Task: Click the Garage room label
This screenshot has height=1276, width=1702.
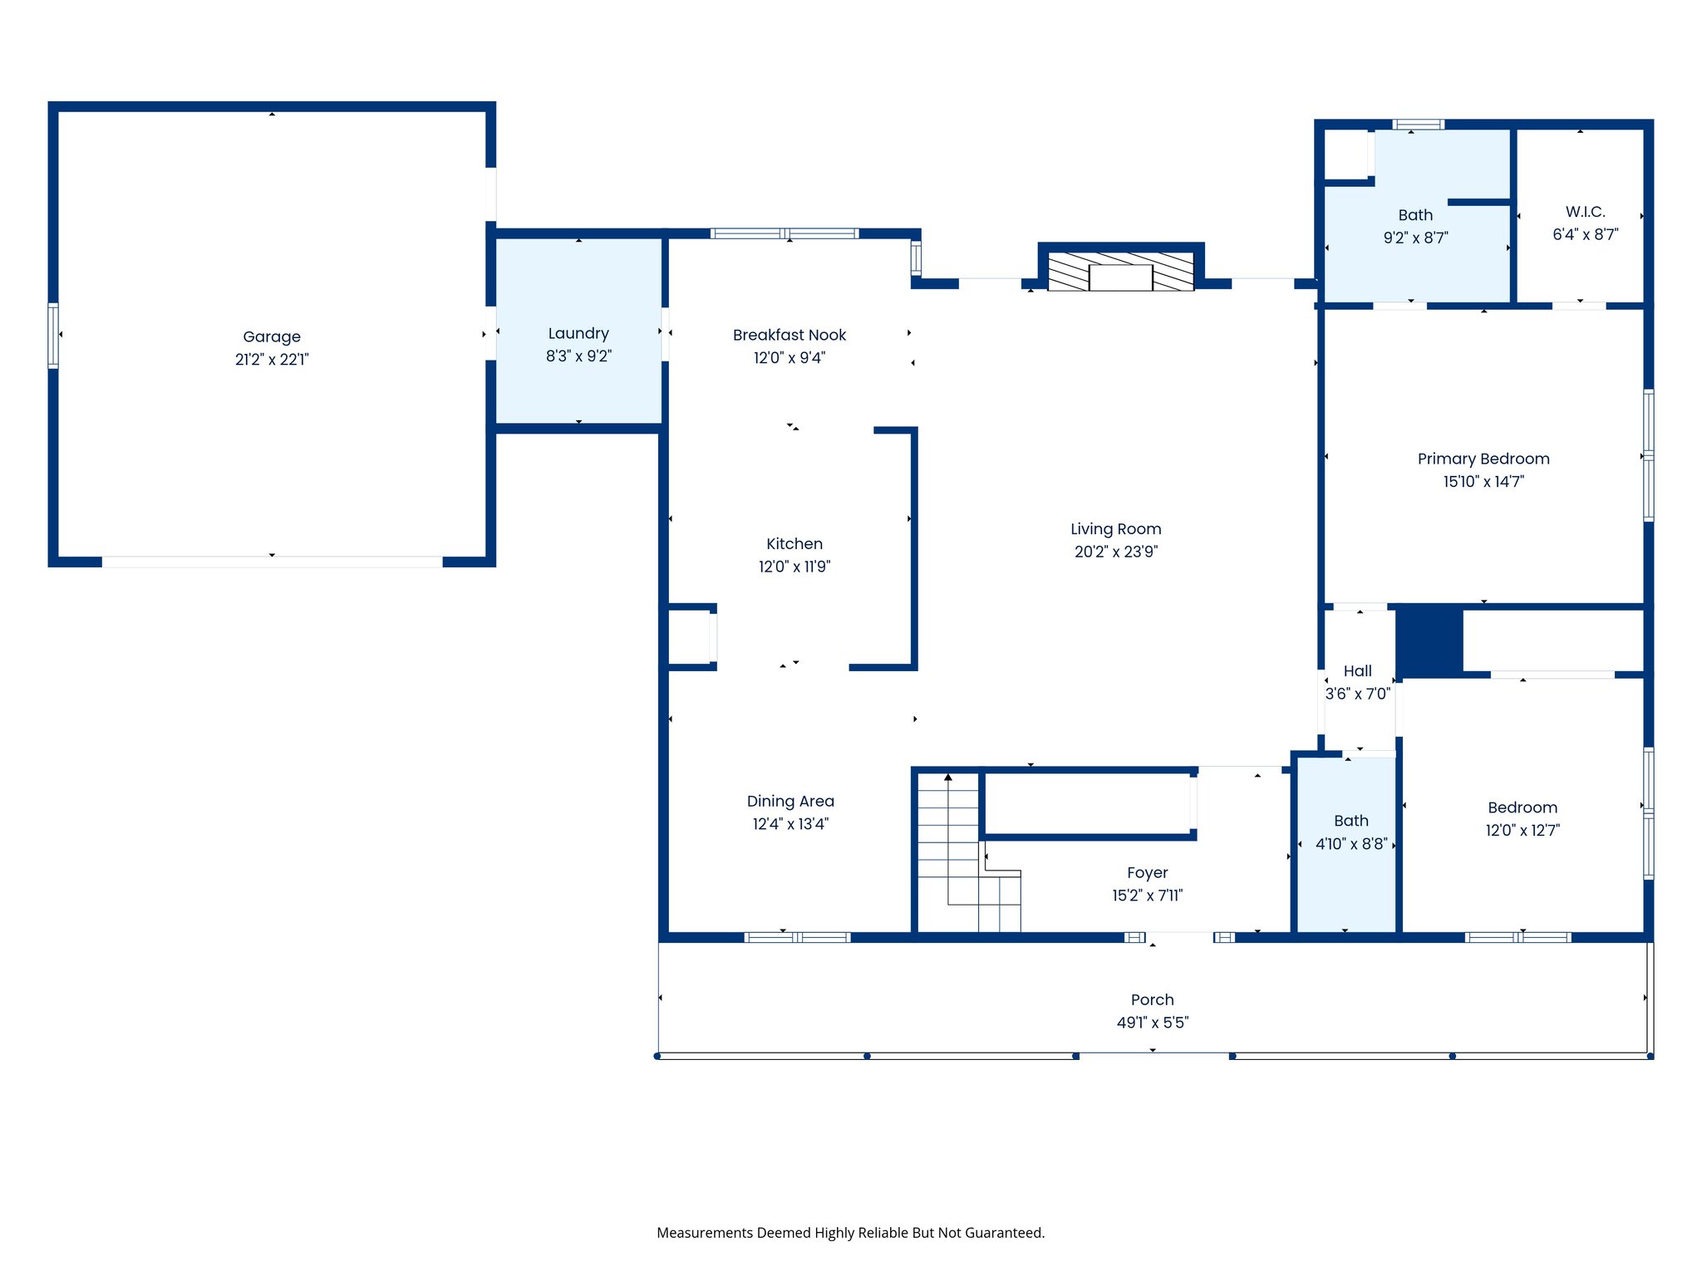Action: click(x=272, y=336)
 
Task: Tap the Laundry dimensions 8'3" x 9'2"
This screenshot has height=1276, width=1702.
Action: click(x=578, y=356)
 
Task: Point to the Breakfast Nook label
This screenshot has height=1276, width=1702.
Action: click(x=789, y=335)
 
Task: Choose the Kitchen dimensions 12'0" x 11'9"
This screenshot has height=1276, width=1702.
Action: click(x=794, y=567)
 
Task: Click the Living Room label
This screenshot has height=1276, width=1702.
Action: click(x=1115, y=529)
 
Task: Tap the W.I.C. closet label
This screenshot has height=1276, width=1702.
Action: click(x=1585, y=212)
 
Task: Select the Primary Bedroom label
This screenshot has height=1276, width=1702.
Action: click(x=1483, y=459)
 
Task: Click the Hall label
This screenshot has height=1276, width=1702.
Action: click(x=1357, y=670)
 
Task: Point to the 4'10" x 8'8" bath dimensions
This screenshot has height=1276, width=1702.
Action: click(x=1350, y=844)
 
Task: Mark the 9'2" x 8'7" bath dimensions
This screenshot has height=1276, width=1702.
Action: click(x=1415, y=238)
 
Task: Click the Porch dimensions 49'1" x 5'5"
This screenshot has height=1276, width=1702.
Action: click(x=1152, y=1023)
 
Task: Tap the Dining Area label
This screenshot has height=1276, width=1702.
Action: click(x=790, y=801)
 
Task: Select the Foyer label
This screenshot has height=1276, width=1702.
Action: click(x=1147, y=872)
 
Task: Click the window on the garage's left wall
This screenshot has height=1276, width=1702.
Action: click(x=53, y=336)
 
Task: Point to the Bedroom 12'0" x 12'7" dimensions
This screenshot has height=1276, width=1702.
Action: click(x=1522, y=830)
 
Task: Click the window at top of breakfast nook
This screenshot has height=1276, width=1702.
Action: click(x=784, y=233)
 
